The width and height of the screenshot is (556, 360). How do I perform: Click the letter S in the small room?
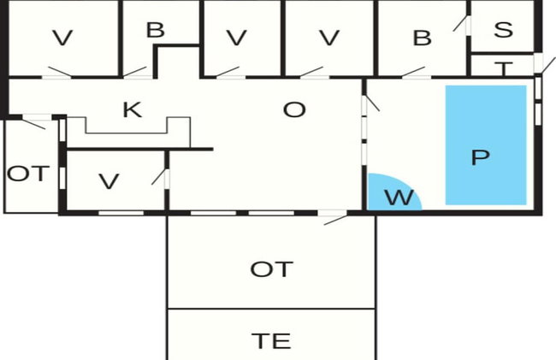504,30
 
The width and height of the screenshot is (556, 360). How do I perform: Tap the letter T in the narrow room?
504,68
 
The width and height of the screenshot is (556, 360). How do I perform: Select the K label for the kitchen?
133,109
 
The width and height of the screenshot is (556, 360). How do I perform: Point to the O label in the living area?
294,109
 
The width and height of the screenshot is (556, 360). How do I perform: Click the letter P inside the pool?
481,157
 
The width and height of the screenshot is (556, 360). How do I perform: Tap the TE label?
272,341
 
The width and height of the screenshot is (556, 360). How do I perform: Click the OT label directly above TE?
272,269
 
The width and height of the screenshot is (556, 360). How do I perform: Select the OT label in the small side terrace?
28,174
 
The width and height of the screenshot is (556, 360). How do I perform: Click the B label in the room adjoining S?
423,38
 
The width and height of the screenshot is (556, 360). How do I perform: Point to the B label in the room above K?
156,30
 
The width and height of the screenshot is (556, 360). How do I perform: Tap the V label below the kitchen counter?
109,182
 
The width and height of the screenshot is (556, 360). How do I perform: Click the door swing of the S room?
461,23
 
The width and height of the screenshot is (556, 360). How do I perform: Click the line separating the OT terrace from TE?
271,309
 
